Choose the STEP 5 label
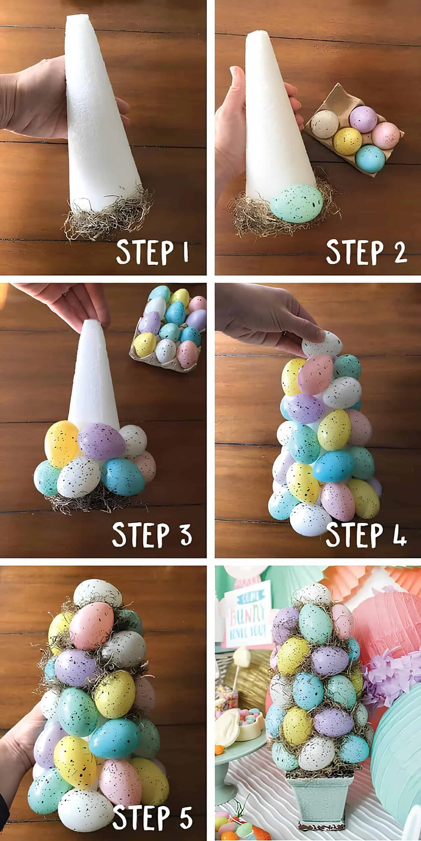pos(153,815)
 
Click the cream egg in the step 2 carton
pos(325,125)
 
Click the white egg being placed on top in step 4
pos(321,344)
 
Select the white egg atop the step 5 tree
pos(94,593)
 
